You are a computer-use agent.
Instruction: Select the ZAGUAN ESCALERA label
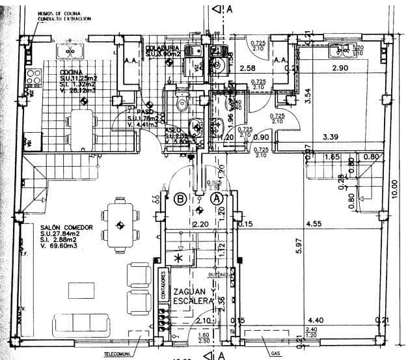point(190,297)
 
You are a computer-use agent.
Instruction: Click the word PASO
point(144,111)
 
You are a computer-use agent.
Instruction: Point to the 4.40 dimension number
point(315,320)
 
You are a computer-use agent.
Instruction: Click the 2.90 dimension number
point(340,68)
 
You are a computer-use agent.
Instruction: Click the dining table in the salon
point(120,225)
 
